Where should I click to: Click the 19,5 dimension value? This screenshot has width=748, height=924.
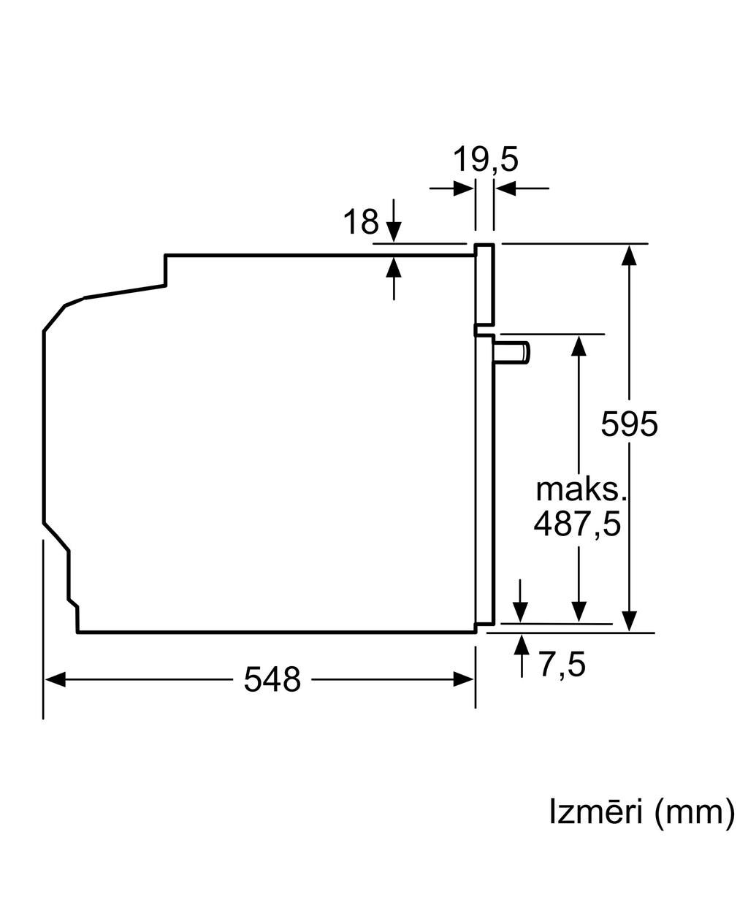pos(485,160)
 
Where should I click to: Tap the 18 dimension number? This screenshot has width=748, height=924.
pos(361,221)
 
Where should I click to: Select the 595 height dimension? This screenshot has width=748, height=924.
pos(629,424)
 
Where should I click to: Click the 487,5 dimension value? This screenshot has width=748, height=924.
pos(577,524)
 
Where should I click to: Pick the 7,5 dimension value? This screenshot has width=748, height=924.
pos(562,664)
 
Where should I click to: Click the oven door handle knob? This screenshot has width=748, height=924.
pos(512,351)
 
